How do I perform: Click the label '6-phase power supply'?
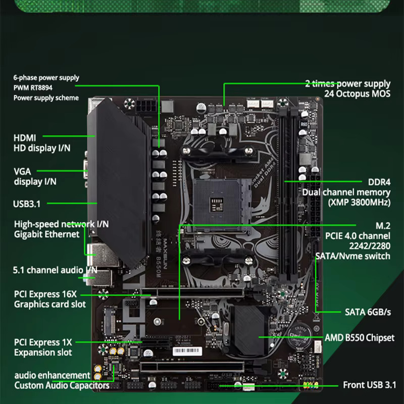click(x=46, y=78)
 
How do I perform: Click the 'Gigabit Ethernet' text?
click(x=46, y=234)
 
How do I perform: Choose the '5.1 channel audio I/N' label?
click(x=55, y=270)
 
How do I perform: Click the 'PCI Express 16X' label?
click(x=45, y=294)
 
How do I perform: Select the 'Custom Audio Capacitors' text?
click(x=62, y=385)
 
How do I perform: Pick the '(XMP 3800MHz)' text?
click(x=359, y=203)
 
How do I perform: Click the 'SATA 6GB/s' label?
click(x=368, y=312)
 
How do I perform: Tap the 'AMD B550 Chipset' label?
click(x=359, y=337)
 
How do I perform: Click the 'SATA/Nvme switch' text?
click(x=352, y=256)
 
